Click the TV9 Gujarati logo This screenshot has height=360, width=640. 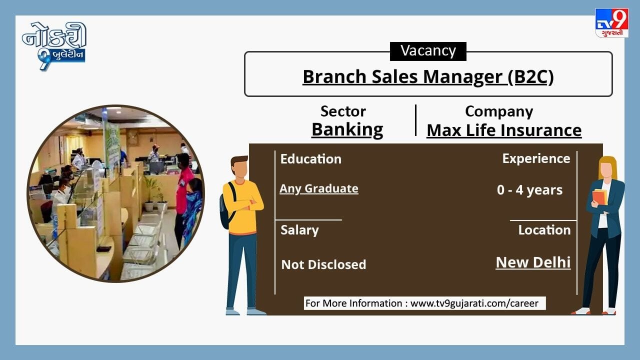click(611, 23)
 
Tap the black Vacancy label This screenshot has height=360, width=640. click(428, 51)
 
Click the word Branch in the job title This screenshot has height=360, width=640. click(334, 77)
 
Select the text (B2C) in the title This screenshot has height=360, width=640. click(530, 77)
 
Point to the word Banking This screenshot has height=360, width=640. click(347, 130)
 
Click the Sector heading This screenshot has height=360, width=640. click(343, 111)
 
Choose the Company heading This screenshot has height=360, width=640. click(499, 111)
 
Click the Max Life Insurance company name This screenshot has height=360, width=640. click(504, 130)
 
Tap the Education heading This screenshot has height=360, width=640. click(311, 159)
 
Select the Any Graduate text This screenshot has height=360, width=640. click(319, 188)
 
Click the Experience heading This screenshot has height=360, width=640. click(536, 158)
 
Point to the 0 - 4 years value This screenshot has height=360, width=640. click(529, 190)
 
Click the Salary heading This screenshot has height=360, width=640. click(299, 230)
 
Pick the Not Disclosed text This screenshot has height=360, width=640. click(323, 264)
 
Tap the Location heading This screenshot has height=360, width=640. click(544, 230)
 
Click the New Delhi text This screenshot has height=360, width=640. click(533, 262)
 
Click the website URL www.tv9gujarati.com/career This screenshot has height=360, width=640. click(474, 303)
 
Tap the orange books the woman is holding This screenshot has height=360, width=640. click(599, 197)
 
